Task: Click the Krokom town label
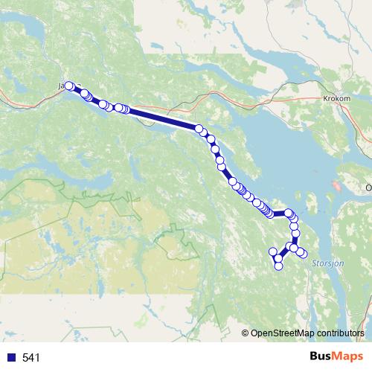tap(337, 98)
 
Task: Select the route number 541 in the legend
tap(31, 358)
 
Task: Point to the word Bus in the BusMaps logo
tap(321, 356)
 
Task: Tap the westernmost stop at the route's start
tap(69, 86)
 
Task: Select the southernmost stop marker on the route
tap(279, 265)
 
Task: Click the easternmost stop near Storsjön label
tap(303, 254)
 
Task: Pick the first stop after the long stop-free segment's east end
tap(199, 129)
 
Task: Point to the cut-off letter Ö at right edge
tap(369, 187)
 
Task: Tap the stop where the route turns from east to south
tap(289, 214)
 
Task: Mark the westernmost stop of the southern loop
tap(273, 251)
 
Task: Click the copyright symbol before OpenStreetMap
tap(246, 333)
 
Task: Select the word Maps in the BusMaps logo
tap(348, 356)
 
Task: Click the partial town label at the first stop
tap(60, 86)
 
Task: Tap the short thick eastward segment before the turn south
tap(280, 214)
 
